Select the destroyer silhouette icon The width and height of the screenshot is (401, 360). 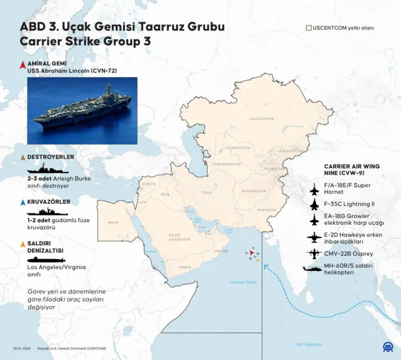(47, 170)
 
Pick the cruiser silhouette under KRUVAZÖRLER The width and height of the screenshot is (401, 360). (47, 212)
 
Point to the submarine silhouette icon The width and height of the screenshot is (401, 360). (46, 259)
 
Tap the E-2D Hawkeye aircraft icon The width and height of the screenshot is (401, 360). (314, 238)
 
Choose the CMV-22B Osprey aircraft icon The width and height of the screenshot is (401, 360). (314, 254)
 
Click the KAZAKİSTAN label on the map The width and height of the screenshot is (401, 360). (263, 119)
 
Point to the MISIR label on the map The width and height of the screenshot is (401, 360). (113, 222)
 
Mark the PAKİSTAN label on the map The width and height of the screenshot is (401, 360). (266, 210)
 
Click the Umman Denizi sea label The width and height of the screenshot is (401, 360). (243, 282)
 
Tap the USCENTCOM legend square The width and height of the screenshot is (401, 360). (309, 27)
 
